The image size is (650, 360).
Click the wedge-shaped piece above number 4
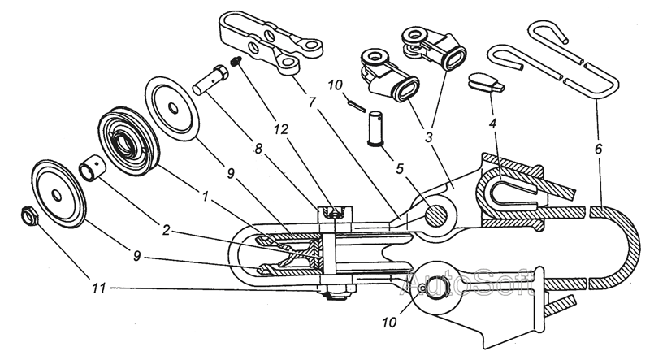pyautogui.click(x=487, y=82)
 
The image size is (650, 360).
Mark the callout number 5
pyautogui.click(x=399, y=170)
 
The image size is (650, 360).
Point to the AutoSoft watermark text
pyautogui.click(x=470, y=284)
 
